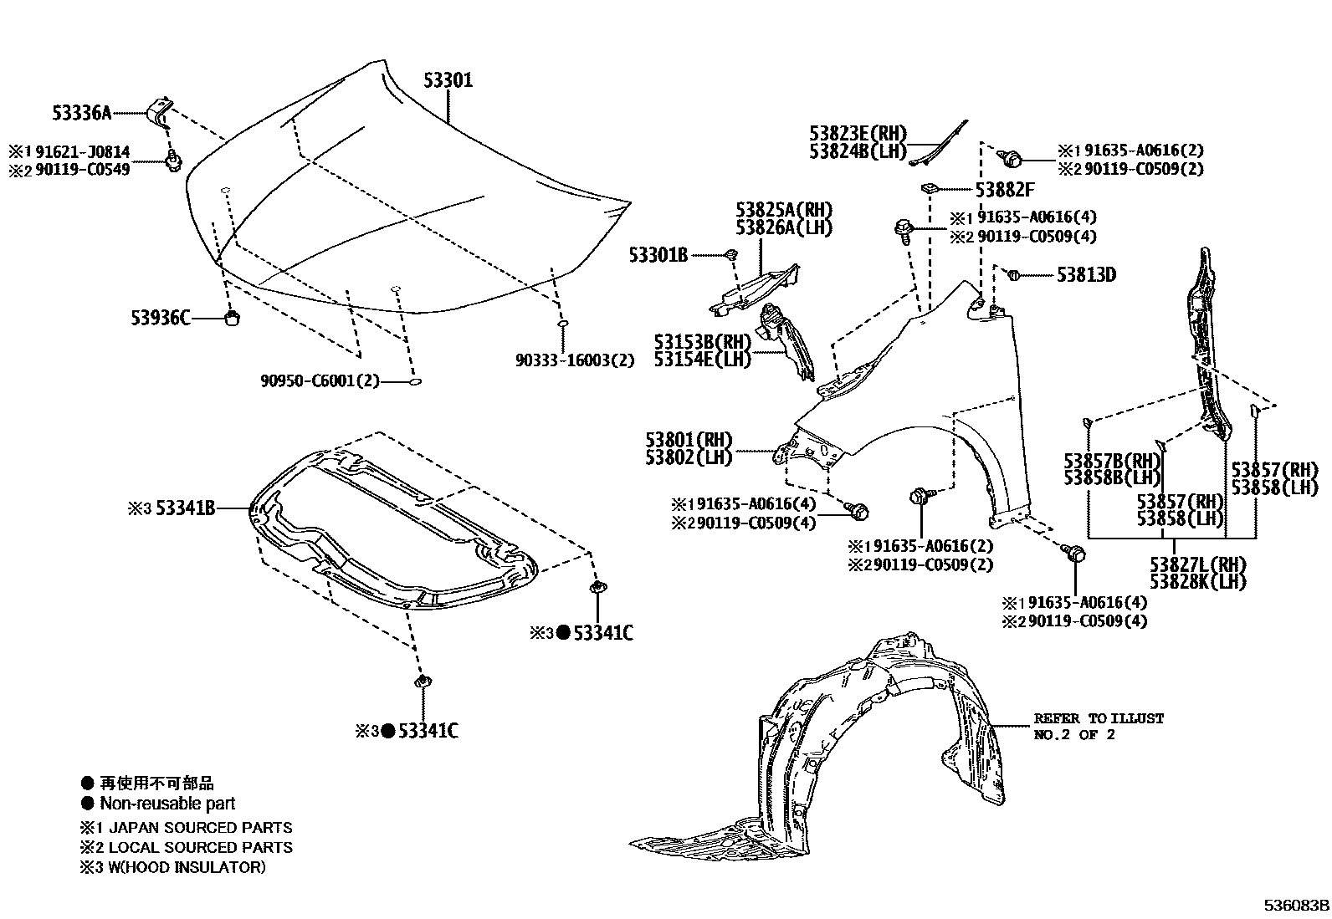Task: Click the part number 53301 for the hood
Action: point(448,80)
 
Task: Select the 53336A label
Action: point(81,112)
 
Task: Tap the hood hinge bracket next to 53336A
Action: point(159,110)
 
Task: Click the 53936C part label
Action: point(161,318)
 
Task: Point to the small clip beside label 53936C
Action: point(234,318)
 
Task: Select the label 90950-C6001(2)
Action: point(320,381)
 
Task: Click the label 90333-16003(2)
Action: point(575,360)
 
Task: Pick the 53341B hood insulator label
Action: point(181,508)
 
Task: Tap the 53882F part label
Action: point(1005,190)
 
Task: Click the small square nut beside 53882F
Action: point(929,187)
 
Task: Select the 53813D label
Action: point(1086,274)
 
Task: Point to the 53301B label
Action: point(658,255)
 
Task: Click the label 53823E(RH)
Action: point(858,132)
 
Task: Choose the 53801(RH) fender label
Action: point(689,440)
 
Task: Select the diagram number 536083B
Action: point(1296,906)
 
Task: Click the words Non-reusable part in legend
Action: point(167,804)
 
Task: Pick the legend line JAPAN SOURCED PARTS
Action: point(201,828)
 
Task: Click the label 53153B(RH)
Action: point(702,342)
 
